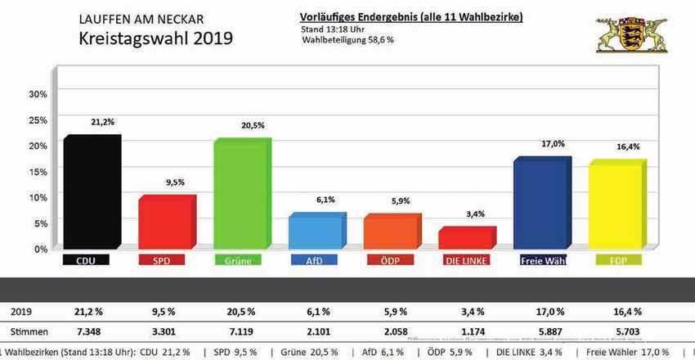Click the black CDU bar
(92, 193)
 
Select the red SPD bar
(166, 223)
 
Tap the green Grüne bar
(241, 195)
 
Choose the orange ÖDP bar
(392, 232)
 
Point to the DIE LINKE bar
(466, 238)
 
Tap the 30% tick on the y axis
(38, 93)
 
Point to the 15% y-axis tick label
(38, 171)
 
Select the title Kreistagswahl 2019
(155, 38)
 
